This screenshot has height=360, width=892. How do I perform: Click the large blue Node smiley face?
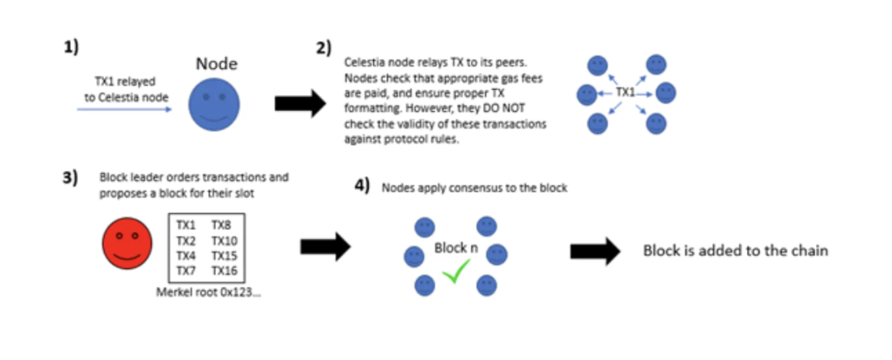coord(214,104)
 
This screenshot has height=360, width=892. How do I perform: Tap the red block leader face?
coord(127,242)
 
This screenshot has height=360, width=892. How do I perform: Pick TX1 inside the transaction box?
coord(186,226)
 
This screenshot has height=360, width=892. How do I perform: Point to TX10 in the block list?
coord(224,241)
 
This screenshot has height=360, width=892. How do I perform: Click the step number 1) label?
coord(72,49)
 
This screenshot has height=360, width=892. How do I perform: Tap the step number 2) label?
coord(323,49)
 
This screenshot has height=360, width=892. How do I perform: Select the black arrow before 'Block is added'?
coord(595,251)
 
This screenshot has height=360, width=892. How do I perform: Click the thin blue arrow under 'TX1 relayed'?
coord(124,110)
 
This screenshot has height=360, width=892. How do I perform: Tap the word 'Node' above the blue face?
coord(217,64)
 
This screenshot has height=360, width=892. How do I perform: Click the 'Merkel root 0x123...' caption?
coord(208,292)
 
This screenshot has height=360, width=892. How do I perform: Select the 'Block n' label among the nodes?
coord(455,248)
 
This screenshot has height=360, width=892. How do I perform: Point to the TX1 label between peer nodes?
coord(625,94)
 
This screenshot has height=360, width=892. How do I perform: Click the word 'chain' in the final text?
coord(809,251)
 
